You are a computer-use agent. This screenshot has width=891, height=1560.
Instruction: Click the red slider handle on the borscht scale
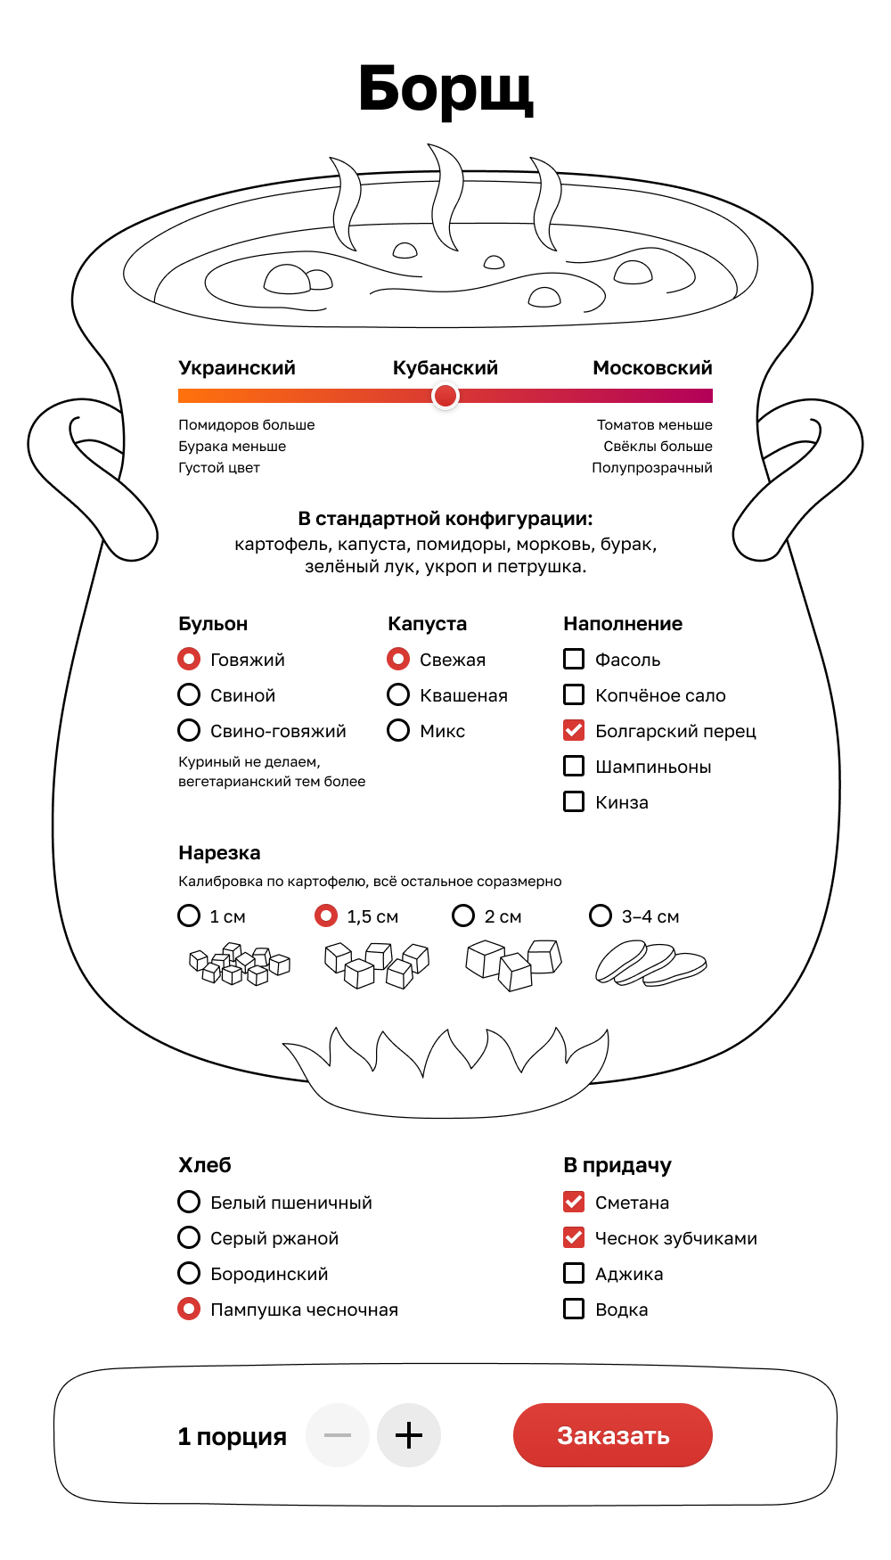(445, 396)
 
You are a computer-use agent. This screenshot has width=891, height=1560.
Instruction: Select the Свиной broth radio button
(189, 694)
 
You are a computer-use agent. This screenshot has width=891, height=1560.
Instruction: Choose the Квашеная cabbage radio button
(398, 694)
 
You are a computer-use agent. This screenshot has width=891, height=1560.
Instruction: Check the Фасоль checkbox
(574, 659)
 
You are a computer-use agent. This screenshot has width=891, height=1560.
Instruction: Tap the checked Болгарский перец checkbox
(574, 730)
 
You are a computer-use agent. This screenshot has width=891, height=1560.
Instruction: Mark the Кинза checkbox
(574, 801)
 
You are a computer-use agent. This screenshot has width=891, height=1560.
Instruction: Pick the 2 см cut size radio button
(463, 915)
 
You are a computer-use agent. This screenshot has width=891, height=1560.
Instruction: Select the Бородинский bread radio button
(189, 1273)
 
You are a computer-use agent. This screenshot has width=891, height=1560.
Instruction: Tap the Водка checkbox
(574, 1309)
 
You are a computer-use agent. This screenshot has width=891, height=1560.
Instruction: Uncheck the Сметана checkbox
(574, 1202)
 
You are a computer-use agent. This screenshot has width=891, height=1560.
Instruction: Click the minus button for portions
(338, 1435)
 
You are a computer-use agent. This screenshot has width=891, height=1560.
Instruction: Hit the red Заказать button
(613, 1435)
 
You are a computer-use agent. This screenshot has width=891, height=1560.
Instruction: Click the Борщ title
(445, 89)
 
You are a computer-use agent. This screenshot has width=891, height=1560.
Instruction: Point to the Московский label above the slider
(652, 368)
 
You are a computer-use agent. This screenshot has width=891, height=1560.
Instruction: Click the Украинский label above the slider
(237, 368)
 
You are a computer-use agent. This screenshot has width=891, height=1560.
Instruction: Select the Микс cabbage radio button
(398, 730)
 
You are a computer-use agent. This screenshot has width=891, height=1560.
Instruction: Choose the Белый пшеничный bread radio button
(189, 1202)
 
